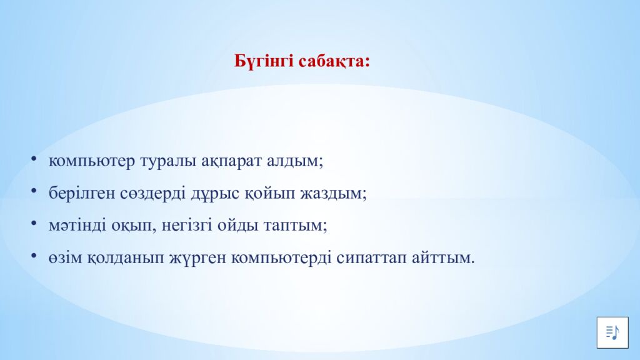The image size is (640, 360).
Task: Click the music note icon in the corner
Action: (612, 332)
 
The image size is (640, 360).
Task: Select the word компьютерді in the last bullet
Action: (282, 257)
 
